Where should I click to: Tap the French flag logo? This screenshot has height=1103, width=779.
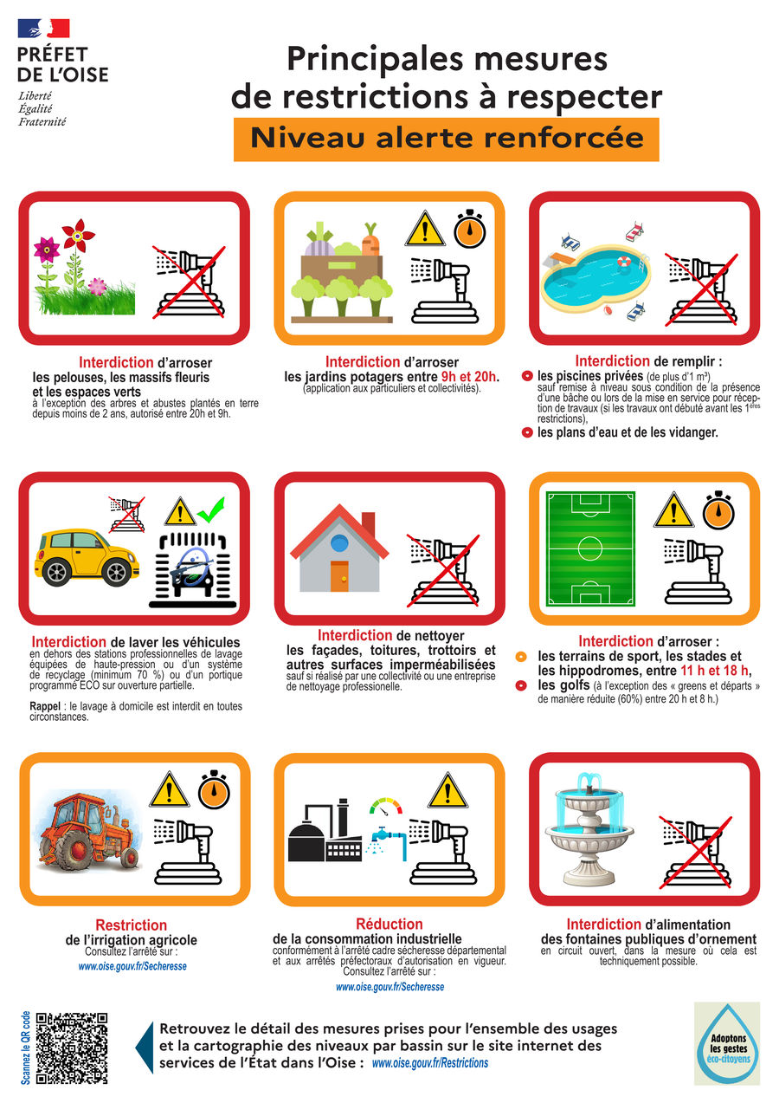pyautogui.click(x=44, y=28)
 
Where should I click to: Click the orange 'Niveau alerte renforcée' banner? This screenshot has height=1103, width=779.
pyautogui.click(x=446, y=139)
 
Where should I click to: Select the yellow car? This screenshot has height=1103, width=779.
pyautogui.click(x=87, y=557)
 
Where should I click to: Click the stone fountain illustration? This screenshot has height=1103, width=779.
pyautogui.click(x=589, y=828)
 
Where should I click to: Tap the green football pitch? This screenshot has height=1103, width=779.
pyautogui.click(x=590, y=548)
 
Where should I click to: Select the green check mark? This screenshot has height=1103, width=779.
pyautogui.click(x=211, y=510)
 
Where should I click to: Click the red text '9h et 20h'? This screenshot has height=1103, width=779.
pyautogui.click(x=468, y=377)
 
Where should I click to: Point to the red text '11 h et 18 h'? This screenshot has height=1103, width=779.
pyautogui.click(x=715, y=670)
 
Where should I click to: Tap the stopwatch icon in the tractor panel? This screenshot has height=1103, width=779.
pyautogui.click(x=214, y=789)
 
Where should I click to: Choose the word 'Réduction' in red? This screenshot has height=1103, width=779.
pyautogui.click(x=389, y=924)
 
